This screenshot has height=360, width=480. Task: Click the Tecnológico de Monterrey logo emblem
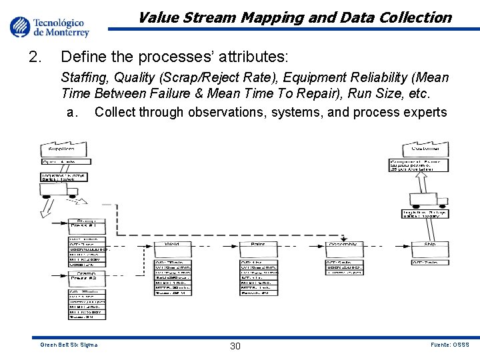click(x=20, y=27)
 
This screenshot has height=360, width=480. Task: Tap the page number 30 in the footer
click(x=235, y=345)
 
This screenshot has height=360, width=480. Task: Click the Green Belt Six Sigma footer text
click(x=69, y=345)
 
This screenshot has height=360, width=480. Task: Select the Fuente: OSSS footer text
click(x=450, y=345)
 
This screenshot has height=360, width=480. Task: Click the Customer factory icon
click(x=425, y=147)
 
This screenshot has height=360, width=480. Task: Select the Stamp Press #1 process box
click(x=87, y=225)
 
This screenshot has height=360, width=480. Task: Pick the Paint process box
click(x=258, y=245)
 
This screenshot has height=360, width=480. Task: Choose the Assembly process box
click(x=344, y=245)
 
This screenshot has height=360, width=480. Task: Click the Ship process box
click(x=429, y=245)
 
